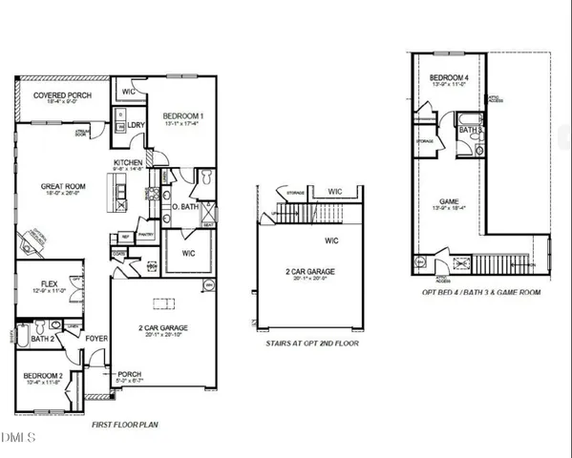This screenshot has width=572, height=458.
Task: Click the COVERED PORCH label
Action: pyautogui.click(x=61, y=96)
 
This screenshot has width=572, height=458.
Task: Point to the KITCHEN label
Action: pyautogui.click(x=129, y=163)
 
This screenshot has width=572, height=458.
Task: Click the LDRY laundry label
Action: pyautogui.click(x=137, y=124)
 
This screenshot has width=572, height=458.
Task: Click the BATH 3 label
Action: pyautogui.click(x=468, y=129)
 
